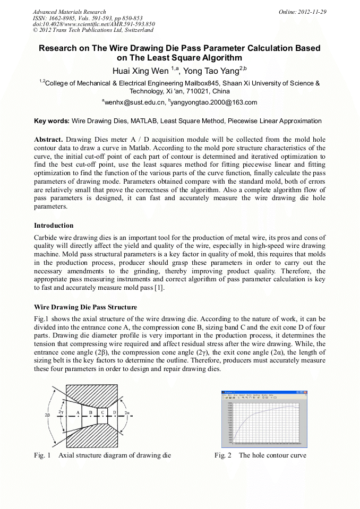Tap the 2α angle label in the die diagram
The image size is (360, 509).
tap(127, 412)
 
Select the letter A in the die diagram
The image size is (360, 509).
tap(78, 412)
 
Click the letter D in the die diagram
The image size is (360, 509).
tap(114, 412)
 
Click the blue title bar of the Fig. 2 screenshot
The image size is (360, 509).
tap(264, 392)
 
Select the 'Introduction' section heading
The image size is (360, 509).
tap(54, 225)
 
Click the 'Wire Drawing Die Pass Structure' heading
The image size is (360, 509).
tap(85, 307)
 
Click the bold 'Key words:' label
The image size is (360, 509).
tap(52, 121)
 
